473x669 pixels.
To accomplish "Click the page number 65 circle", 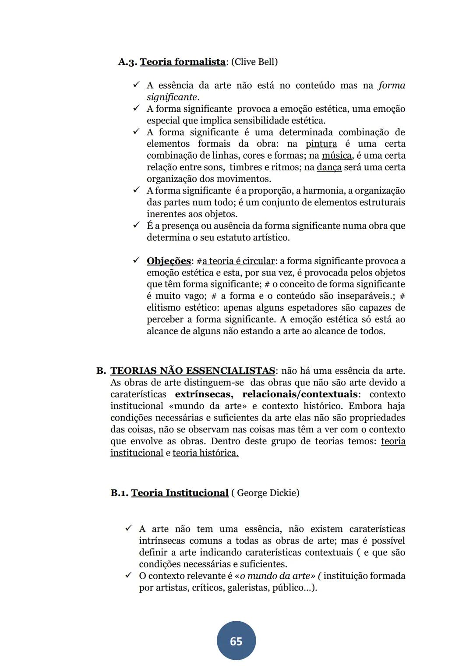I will [236, 641].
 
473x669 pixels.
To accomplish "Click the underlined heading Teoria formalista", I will [182, 62].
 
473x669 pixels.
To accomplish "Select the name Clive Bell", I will [254, 62].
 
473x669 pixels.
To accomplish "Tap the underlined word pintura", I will [321, 144].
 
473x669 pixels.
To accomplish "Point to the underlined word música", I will [336, 156].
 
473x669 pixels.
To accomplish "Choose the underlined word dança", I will [329, 167].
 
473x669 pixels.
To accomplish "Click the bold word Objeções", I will [169, 261].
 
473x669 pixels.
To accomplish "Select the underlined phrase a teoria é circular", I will [238, 261].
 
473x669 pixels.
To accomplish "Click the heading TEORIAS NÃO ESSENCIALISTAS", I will [193, 371].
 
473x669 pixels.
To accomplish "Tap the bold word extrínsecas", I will [204, 394].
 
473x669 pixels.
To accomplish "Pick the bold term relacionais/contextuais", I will [300, 394].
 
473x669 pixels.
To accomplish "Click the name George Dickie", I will [268, 493].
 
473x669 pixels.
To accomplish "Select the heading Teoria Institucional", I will [180, 493].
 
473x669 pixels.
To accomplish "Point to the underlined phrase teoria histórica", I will [205, 453].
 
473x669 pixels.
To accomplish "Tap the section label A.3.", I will [127, 62].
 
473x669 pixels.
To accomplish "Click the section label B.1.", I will [119, 493].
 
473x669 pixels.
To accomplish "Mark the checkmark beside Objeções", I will [136, 261].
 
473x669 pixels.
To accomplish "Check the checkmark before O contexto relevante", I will [129, 575].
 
